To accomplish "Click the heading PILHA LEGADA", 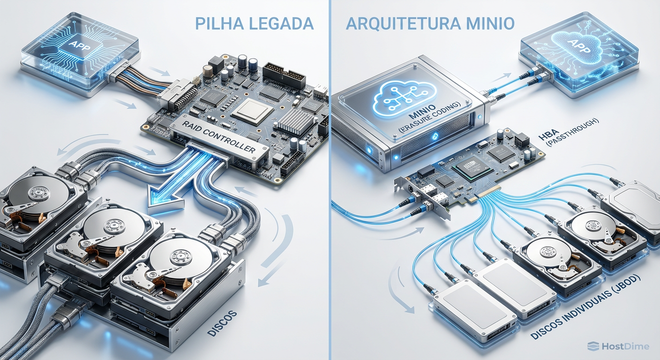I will (254, 23).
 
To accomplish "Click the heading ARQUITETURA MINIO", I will (430, 23).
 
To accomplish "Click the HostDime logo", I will (618, 346).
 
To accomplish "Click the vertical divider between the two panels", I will (330, 180).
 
